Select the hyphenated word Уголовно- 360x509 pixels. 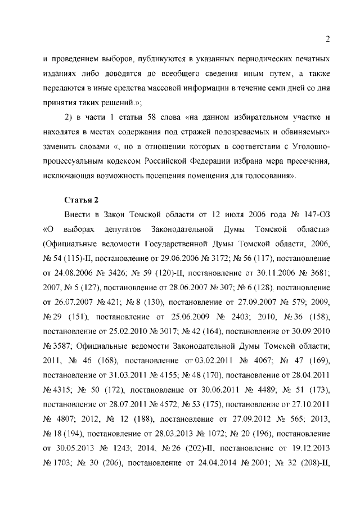[309, 146]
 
